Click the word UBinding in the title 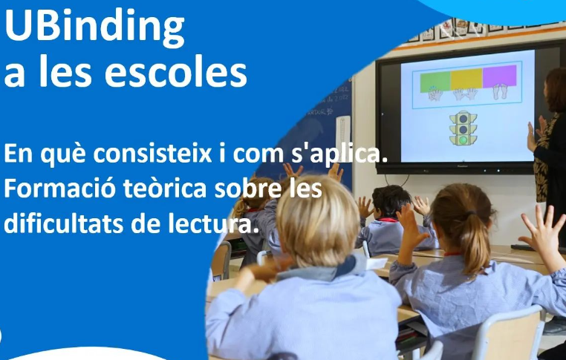pyautogui.click(x=94, y=28)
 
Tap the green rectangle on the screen pyautogui.click(x=435, y=80)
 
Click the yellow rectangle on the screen pyautogui.click(x=466, y=79)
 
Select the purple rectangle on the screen pyautogui.click(x=499, y=77)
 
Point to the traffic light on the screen pyautogui.click(x=463, y=128)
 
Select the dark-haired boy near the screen pyautogui.click(x=390, y=205)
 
